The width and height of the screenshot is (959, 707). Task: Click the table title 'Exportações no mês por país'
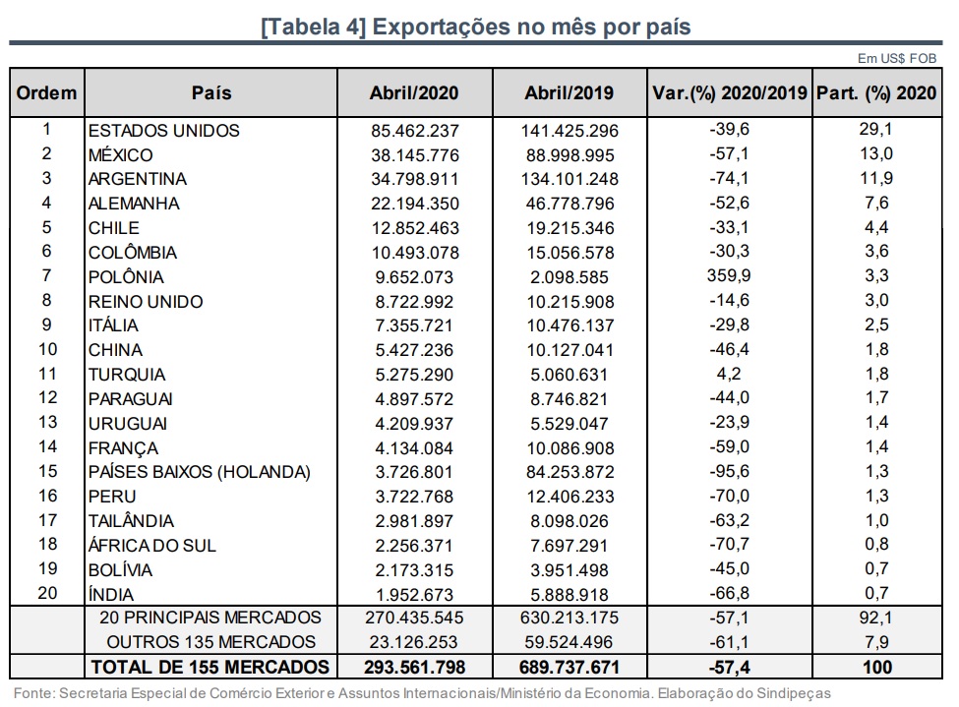pos(476,27)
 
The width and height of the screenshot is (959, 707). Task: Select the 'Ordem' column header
pos(46,93)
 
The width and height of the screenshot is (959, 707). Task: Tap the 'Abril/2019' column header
pos(569,93)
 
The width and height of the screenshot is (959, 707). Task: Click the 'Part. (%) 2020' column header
pos(877,93)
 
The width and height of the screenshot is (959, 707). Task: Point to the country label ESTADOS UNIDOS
pos(163,131)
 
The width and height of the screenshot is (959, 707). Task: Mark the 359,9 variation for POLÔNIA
pos(729,277)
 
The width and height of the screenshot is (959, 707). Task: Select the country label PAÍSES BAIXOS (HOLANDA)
pos(199,472)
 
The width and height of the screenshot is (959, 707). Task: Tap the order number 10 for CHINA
pos(46,350)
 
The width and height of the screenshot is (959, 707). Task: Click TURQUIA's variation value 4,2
pos(729,375)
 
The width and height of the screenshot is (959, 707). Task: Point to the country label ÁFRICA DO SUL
pos(151,546)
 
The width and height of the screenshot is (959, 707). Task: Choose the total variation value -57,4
pos(729,668)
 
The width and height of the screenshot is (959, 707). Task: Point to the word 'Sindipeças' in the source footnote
pos(790,693)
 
